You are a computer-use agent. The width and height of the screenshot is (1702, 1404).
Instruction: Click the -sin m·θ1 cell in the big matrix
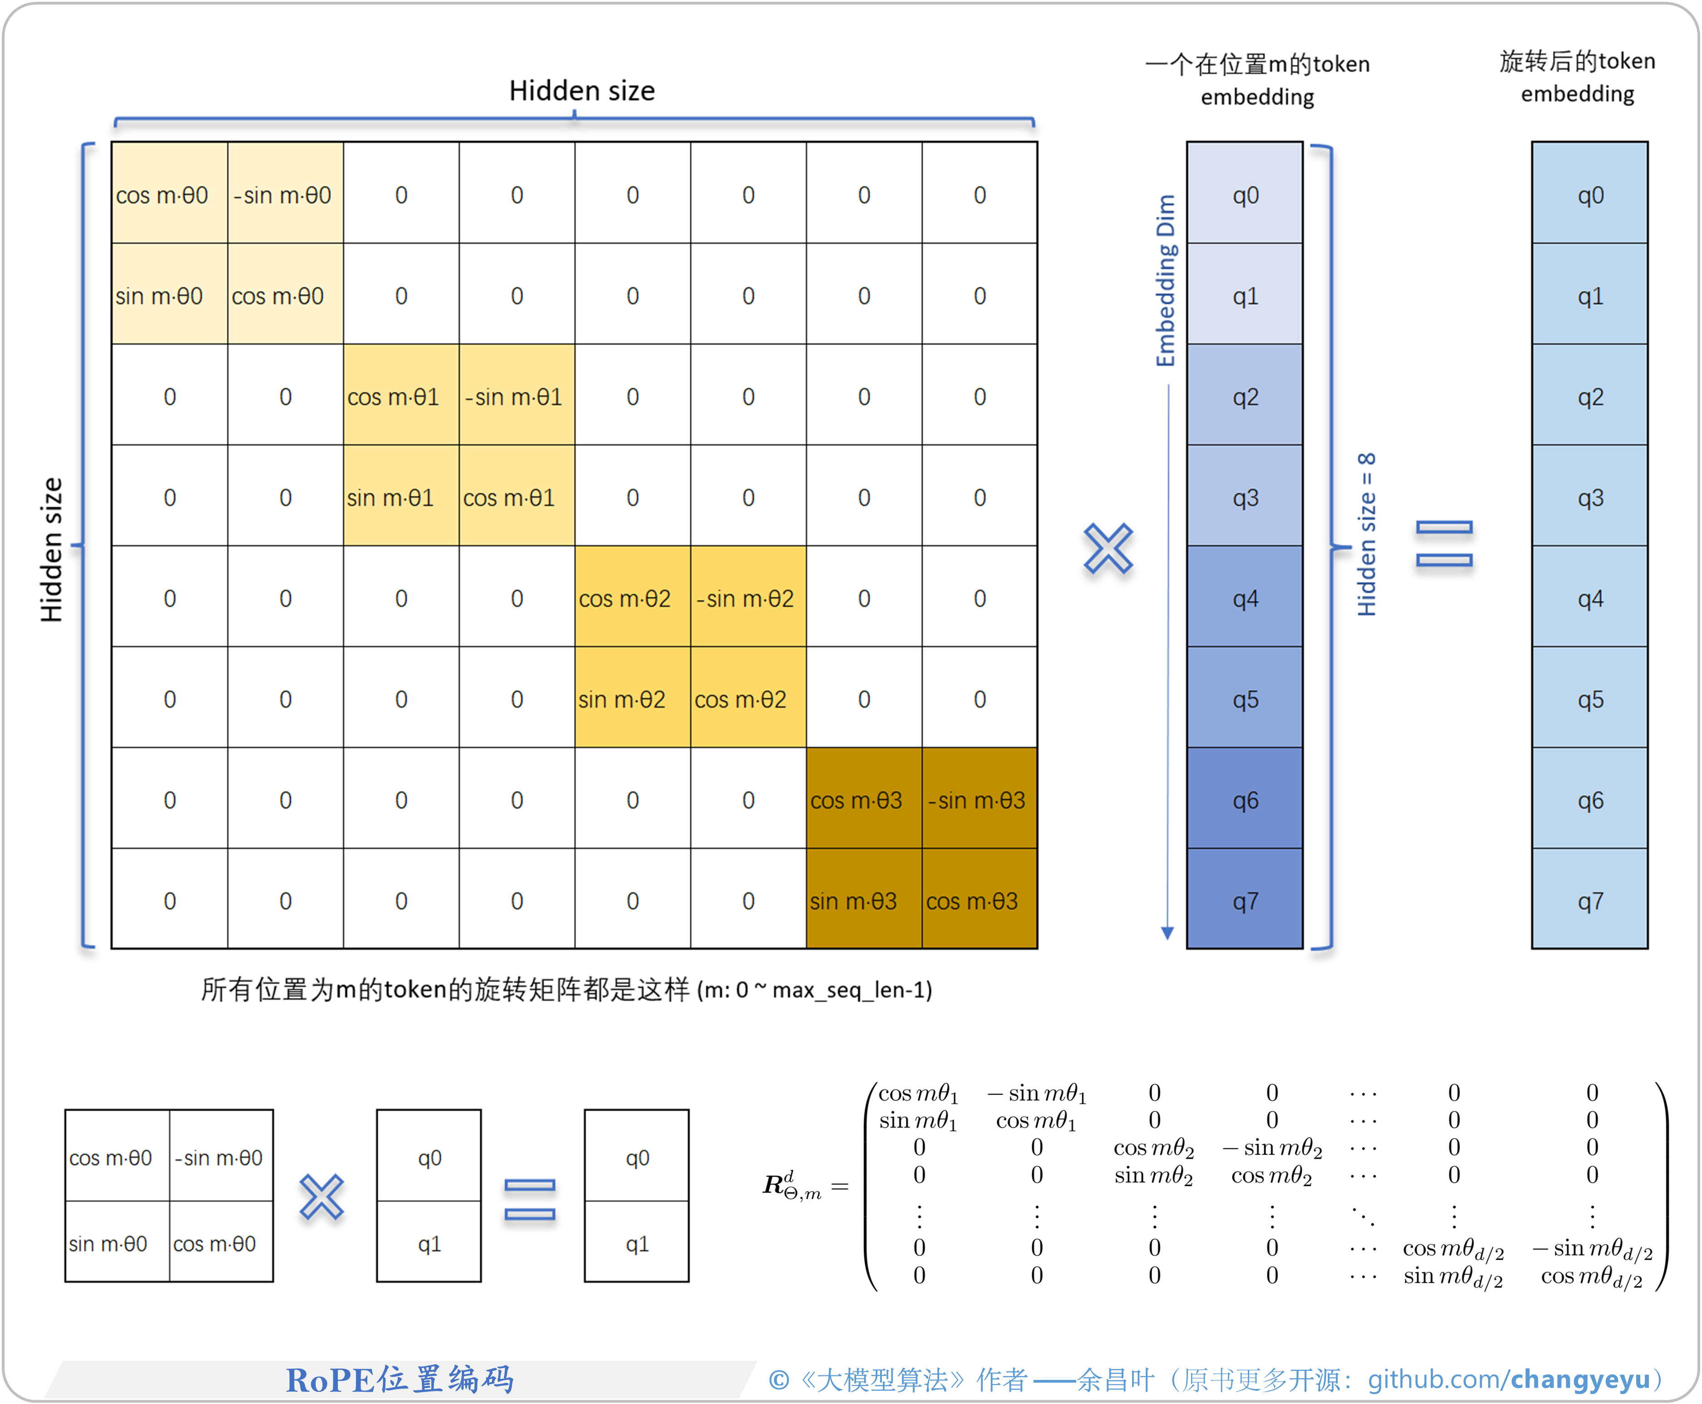(x=516, y=396)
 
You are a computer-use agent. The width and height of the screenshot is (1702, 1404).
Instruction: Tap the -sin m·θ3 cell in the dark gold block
(x=979, y=800)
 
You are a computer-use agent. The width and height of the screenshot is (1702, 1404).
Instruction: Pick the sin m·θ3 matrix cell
(x=863, y=900)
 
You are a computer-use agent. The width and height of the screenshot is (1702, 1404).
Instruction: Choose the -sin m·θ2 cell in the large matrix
(x=747, y=598)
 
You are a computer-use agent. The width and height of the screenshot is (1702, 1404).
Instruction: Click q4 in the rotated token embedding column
(x=1589, y=598)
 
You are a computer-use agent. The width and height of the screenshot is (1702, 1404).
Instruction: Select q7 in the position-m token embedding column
(x=1245, y=900)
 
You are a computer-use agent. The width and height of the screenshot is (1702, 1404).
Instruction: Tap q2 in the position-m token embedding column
(x=1245, y=396)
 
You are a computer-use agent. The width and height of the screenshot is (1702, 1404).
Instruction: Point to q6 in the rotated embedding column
(x=1589, y=800)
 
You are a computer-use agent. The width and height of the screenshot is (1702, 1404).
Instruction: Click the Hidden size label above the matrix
(x=582, y=90)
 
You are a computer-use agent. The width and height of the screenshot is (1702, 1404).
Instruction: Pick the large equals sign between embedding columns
(x=1444, y=544)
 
